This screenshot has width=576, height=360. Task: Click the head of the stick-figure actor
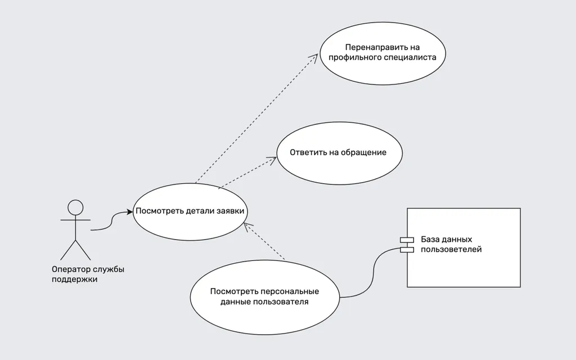click(75, 207)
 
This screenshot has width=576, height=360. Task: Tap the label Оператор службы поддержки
click(88, 274)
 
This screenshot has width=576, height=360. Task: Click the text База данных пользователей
click(451, 244)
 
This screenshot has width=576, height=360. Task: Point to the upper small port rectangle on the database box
click(407, 240)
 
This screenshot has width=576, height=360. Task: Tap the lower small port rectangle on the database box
click(407, 250)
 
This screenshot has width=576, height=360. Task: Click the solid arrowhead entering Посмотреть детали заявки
click(130, 211)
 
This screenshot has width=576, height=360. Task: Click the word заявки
click(230, 211)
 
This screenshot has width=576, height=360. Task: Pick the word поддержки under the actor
click(75, 279)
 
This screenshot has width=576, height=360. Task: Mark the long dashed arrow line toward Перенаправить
click(256, 119)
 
